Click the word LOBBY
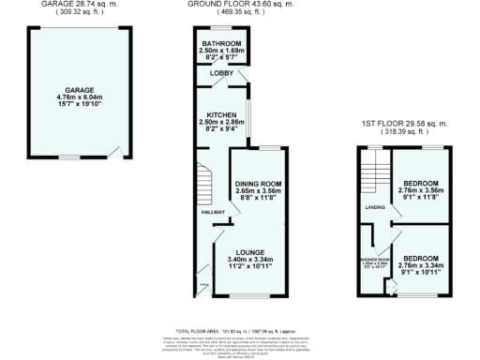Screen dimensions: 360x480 pyautogui.click(x=221, y=73)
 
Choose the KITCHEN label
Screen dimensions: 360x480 pyautogui.click(x=222, y=114)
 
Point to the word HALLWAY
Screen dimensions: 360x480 pyautogui.click(x=215, y=212)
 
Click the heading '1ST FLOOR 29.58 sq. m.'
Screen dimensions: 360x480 pyautogui.click(x=403, y=125)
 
